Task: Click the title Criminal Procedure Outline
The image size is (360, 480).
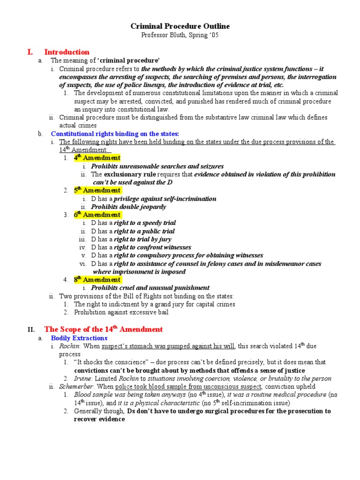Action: coord(180,26)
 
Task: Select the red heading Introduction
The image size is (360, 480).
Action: coord(67,52)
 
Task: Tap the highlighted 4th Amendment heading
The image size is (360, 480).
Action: coord(97,158)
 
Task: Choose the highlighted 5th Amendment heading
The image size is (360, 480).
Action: coord(97,190)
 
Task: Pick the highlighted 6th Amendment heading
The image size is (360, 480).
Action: coord(97,215)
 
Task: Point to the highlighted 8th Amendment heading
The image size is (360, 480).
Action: coord(97,280)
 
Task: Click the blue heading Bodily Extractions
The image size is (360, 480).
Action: coord(79,338)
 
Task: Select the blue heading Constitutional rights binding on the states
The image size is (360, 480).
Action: coord(115,134)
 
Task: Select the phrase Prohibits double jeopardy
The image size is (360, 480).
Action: coord(128,207)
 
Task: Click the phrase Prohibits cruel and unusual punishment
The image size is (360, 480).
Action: coord(150,288)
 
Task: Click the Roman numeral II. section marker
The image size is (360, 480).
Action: coord(31,330)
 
